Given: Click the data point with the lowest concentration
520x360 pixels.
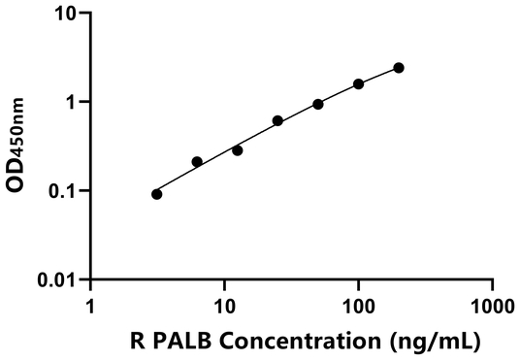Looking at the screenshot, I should click(157, 194).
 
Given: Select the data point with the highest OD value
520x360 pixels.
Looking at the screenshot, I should click(399, 68).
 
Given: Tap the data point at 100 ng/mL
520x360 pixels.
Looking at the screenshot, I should click(359, 84).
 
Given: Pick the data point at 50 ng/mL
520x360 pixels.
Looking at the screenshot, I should click(318, 104).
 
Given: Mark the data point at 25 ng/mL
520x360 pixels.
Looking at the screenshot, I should click(277, 120).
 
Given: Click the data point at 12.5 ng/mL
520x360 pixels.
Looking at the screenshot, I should click(238, 150).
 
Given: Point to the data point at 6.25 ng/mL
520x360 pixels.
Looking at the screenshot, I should click(197, 161).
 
